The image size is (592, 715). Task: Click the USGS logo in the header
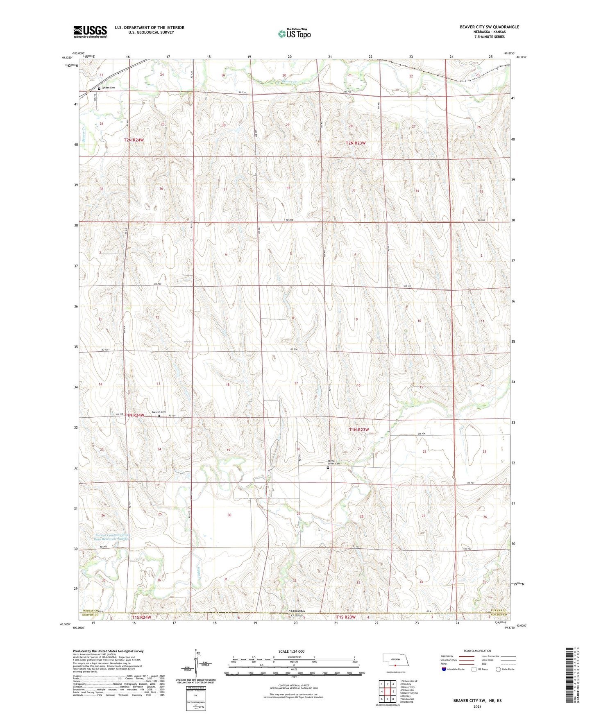pyautogui.click(x=90, y=32)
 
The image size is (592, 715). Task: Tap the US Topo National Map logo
pyautogui.click(x=294, y=34)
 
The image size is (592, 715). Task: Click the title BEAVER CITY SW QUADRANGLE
pyautogui.click(x=489, y=27)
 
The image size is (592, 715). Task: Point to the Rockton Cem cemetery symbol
pyautogui.click(x=159, y=416)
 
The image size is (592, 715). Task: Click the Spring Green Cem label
pyautogui.click(x=333, y=462)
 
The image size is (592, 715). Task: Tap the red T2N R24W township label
pyautogui.click(x=134, y=140)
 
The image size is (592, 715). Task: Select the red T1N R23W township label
pyautogui.click(x=359, y=430)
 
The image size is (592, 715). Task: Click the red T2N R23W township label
pyautogui.click(x=355, y=143)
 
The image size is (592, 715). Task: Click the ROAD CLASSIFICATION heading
pyautogui.click(x=478, y=651)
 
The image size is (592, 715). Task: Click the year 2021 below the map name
pyautogui.click(x=477, y=706)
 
